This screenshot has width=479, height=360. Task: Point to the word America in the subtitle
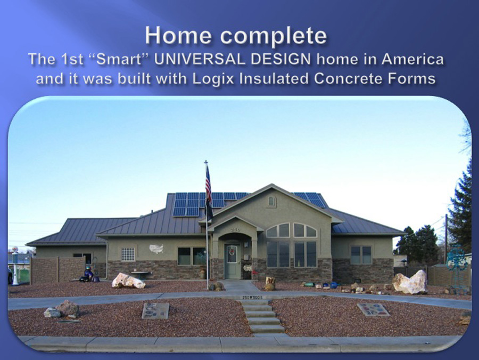[x=412, y=59]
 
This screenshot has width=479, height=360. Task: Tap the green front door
[x=232, y=261]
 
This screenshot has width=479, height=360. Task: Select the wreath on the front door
[x=232, y=252]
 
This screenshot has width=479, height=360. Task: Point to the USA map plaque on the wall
[x=156, y=249]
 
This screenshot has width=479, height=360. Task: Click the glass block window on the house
[x=128, y=254]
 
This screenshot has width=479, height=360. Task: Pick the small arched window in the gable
[x=271, y=201]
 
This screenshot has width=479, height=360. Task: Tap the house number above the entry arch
[x=235, y=229]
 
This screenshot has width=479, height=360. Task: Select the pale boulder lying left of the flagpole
[x=128, y=281]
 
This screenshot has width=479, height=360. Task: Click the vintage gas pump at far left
[x=15, y=266]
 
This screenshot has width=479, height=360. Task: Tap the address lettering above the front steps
[x=252, y=297]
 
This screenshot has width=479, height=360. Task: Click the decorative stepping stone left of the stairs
[x=155, y=310]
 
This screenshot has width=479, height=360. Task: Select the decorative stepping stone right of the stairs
[x=373, y=309]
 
